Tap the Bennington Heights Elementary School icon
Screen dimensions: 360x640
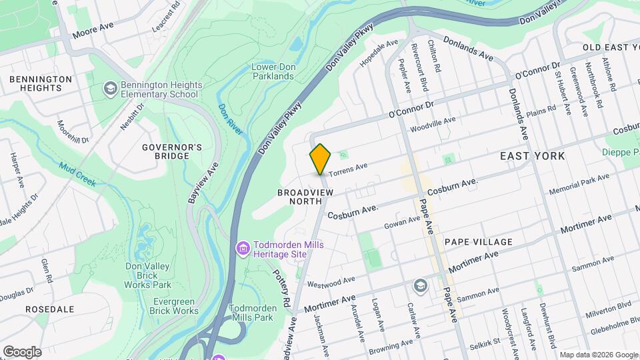pyautogui.click(x=109, y=88)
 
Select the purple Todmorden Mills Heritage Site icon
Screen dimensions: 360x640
pyautogui.click(x=243, y=249)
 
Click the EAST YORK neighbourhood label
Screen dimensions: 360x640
pyautogui.click(x=532, y=156)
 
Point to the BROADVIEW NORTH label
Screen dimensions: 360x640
pyautogui.click(x=304, y=192)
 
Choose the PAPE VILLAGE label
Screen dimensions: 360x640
pyautogui.click(x=479, y=242)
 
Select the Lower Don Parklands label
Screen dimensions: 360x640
pyautogui.click(x=272, y=71)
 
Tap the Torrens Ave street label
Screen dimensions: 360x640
pyautogui.click(x=347, y=169)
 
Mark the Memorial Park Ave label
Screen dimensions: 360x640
pyautogui.click(x=579, y=185)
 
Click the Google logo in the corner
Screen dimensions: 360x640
pyautogui.click(x=22, y=351)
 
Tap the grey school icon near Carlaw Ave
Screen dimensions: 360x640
pyautogui.click(x=419, y=286)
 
